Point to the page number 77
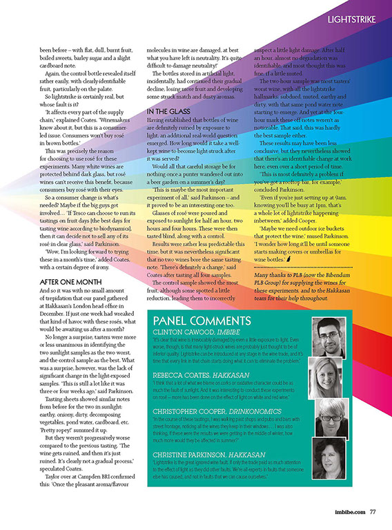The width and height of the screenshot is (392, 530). tap(372, 513)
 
